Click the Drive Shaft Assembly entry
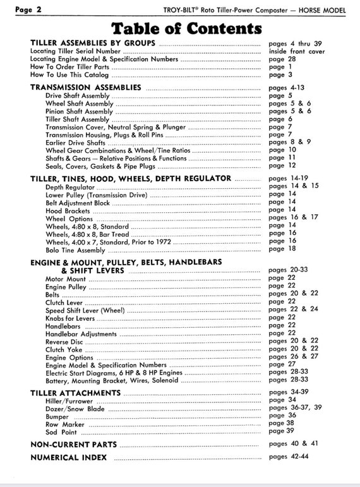coord(73,95)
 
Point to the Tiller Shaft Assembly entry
coord(77,119)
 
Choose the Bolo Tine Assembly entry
coord(75,249)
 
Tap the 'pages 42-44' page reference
coord(288,457)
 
